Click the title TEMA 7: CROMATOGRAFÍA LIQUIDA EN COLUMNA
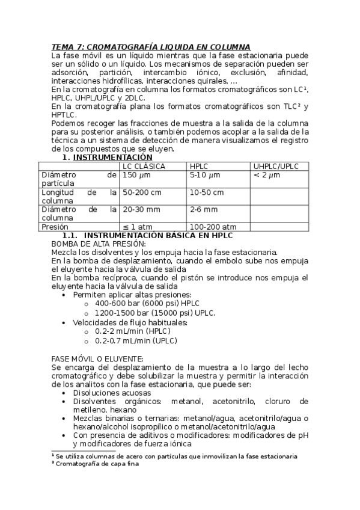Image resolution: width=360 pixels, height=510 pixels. (151, 47)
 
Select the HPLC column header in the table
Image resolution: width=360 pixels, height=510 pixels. (199, 166)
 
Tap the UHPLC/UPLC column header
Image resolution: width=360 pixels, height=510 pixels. (276, 166)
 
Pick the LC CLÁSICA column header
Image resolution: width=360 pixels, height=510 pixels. (144, 166)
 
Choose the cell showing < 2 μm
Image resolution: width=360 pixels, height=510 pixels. (267, 174)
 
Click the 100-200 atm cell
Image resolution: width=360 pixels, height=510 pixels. (213, 227)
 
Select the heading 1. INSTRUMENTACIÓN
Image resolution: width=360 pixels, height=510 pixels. (107, 158)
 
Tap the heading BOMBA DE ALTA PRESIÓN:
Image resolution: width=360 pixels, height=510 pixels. (99, 244)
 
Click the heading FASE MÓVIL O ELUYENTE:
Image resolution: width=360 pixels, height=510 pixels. (97, 358)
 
